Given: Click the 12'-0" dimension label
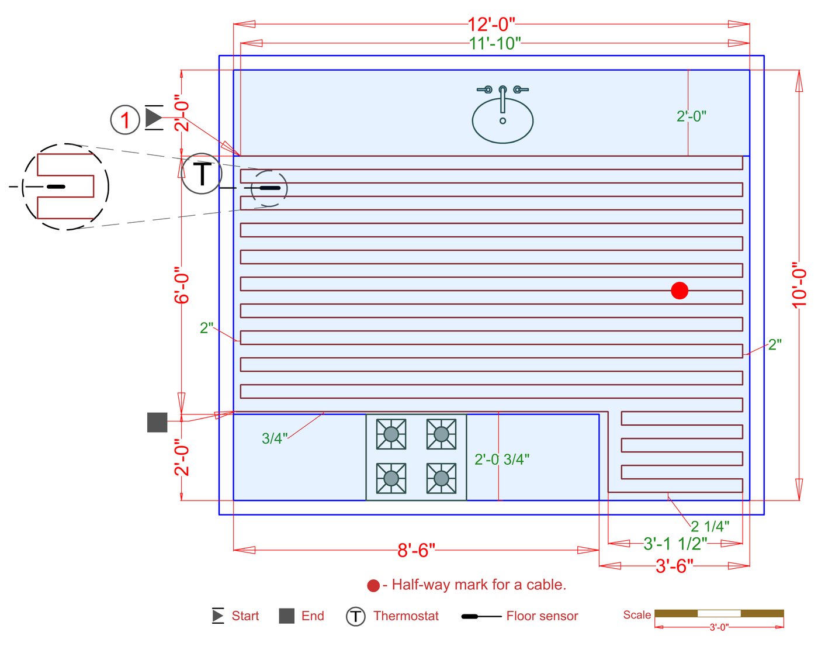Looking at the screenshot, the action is [x=491, y=25].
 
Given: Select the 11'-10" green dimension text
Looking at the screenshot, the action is [x=494, y=43].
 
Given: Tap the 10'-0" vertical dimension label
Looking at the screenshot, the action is [x=799, y=285].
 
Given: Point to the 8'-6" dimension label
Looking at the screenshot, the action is [x=416, y=550].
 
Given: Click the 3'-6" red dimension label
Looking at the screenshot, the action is [x=674, y=566].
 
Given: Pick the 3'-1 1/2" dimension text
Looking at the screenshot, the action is [x=675, y=544].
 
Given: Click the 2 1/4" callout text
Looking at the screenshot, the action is [x=710, y=527].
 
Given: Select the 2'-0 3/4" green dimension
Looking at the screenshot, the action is [x=502, y=460].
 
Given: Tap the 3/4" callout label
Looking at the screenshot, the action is [x=275, y=438].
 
